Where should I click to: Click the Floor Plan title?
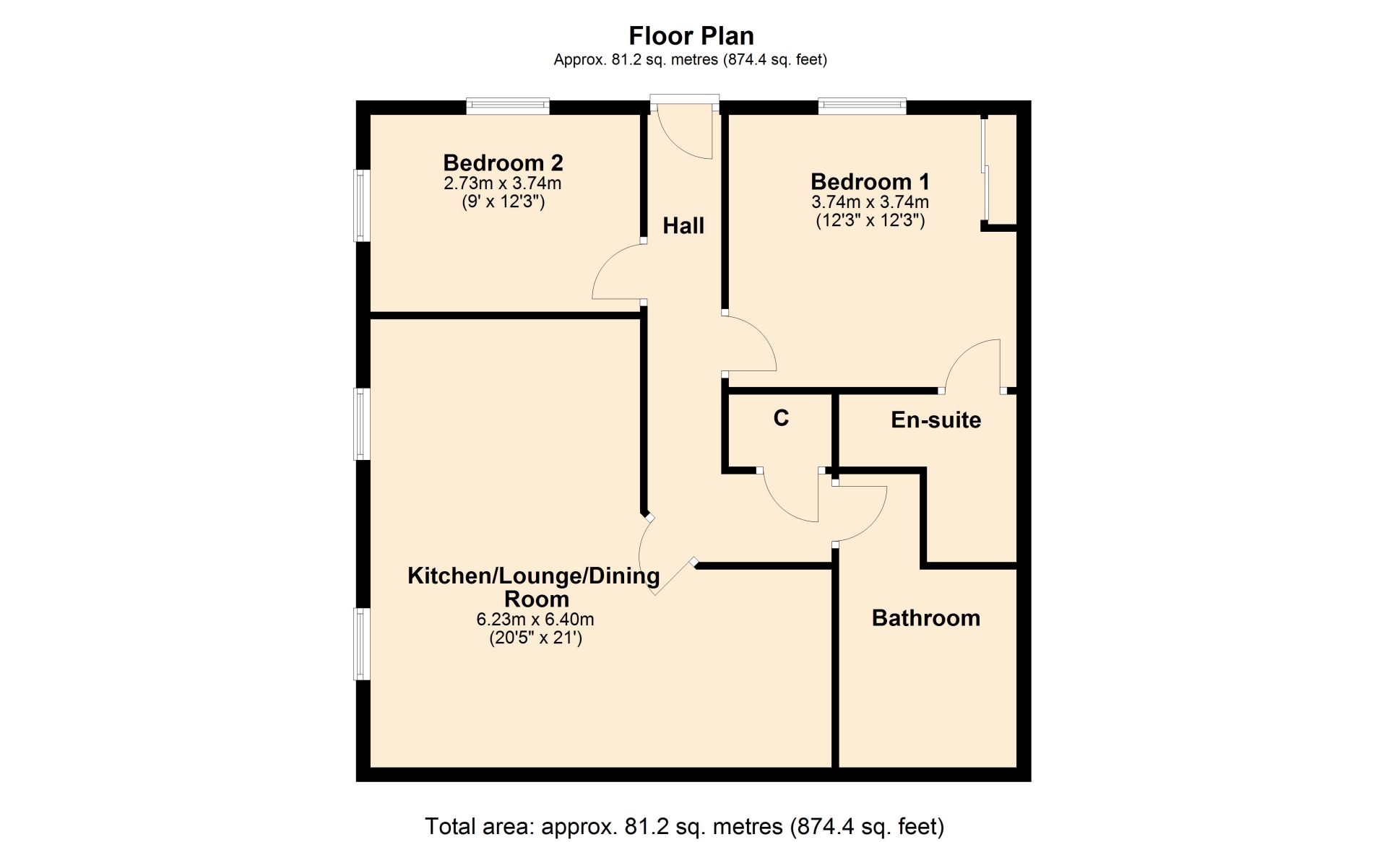pos(691,35)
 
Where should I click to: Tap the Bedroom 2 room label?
pos(503,162)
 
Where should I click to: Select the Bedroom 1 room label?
pos(870,181)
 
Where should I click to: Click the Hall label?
pos(683,225)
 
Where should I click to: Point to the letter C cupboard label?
pos(781,418)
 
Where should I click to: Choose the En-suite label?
pos(936,420)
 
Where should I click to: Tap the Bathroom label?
pos(925,617)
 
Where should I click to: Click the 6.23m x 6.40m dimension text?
pos(535,619)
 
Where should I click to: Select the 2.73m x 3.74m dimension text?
pos(503,183)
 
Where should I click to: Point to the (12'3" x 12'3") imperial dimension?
pos(870,220)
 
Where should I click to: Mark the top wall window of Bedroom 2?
pos(508,106)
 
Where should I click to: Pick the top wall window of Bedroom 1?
pos(862,106)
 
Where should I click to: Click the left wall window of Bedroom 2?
pos(362,205)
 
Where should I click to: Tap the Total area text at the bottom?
pos(684,826)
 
